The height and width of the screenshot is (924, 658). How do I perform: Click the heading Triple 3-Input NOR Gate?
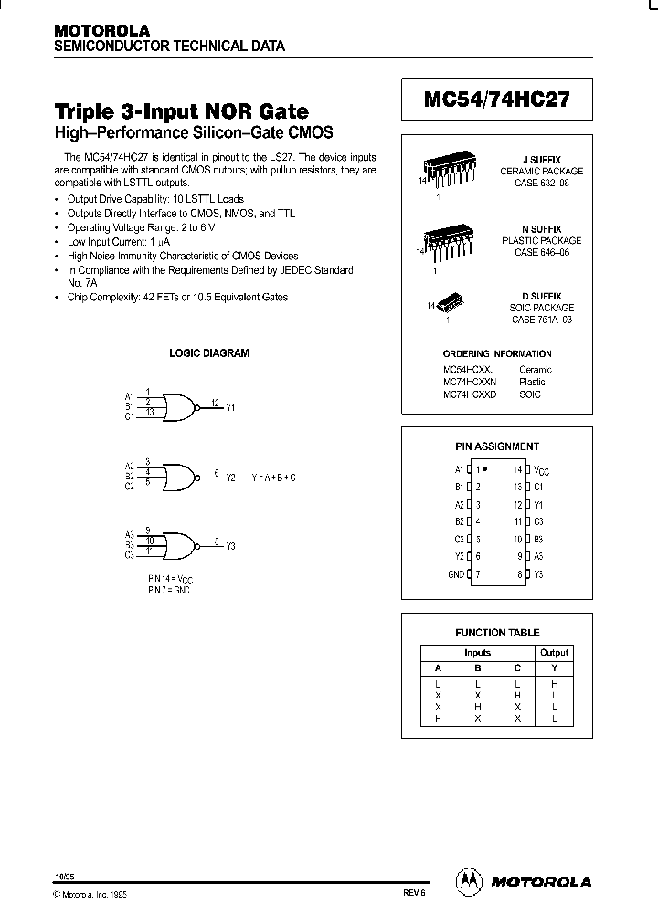tap(183, 112)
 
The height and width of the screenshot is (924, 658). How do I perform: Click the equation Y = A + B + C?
tap(273, 478)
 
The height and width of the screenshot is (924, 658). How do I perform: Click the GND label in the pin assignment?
tap(454, 574)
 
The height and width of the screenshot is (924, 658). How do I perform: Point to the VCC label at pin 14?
tap(541, 469)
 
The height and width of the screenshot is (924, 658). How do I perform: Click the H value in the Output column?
tap(554, 683)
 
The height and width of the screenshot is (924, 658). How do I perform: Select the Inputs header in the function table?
tap(477, 653)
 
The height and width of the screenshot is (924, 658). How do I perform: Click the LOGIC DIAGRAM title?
tap(208, 352)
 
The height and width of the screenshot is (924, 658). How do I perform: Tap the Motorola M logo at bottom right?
tap(469, 881)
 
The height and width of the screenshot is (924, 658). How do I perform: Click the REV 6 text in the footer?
tap(414, 896)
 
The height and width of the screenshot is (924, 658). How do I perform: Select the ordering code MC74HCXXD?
tap(469, 394)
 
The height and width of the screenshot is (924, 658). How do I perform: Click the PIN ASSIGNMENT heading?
tap(497, 446)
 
